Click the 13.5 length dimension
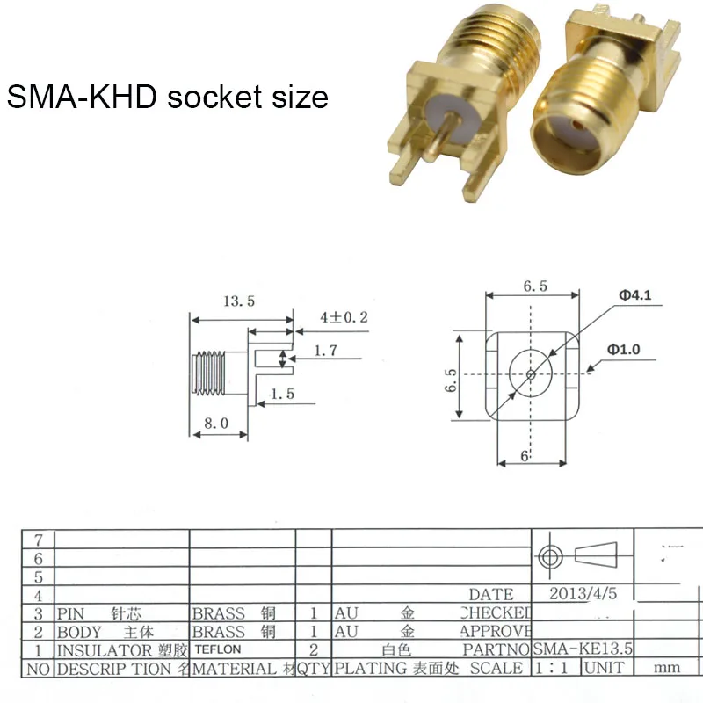(238, 301)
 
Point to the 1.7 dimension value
(325, 351)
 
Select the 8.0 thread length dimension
(215, 423)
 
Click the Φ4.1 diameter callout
(634, 296)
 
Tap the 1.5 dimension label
(282, 394)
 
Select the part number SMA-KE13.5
(582, 649)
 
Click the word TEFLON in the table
(217, 649)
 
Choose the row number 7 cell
(38, 539)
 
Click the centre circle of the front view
(530, 373)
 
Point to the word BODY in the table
(79, 631)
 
